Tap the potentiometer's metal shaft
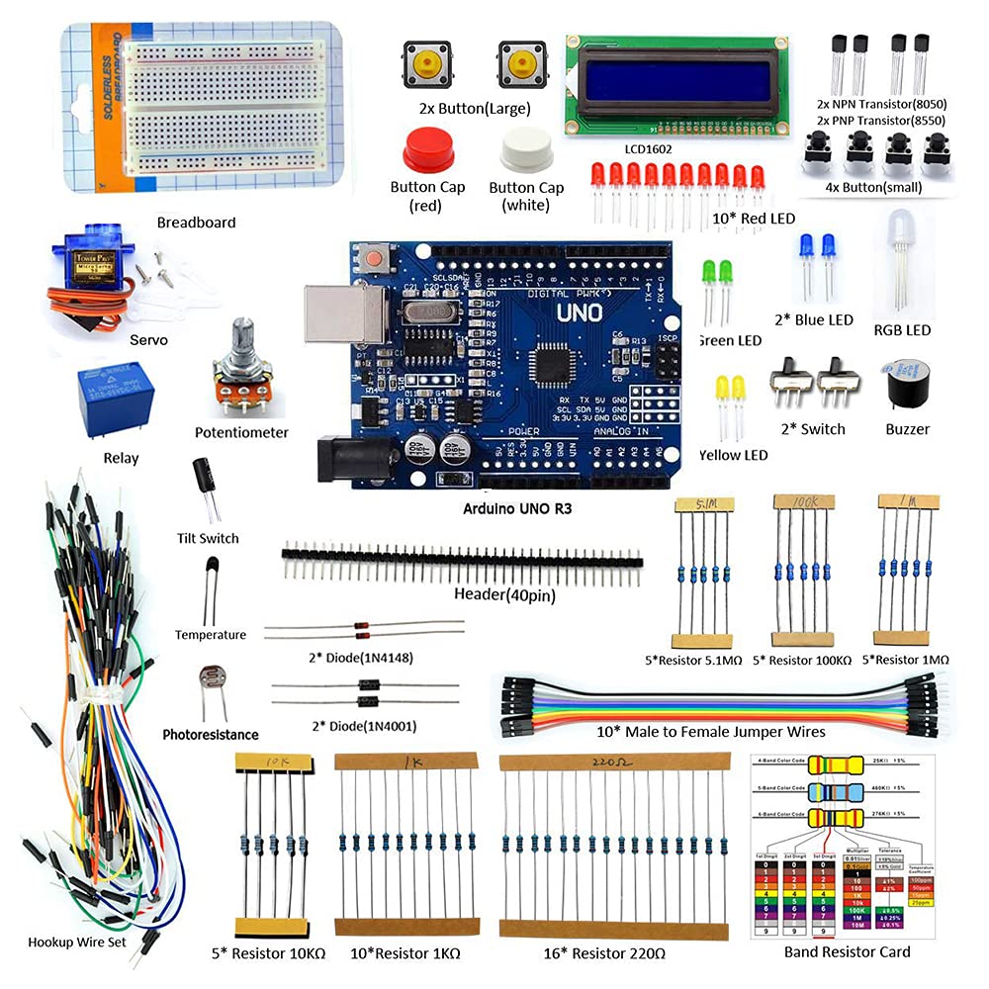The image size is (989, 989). (240, 337)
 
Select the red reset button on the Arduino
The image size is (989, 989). (374, 257)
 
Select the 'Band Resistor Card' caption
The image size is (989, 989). (847, 952)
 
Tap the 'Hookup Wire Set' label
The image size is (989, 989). (78, 942)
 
